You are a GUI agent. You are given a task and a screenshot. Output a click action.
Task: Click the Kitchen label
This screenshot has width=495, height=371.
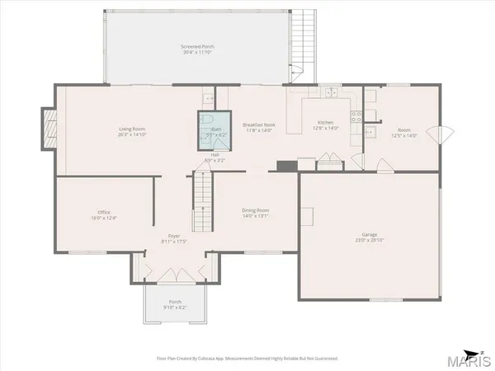pyautogui.click(x=322, y=124)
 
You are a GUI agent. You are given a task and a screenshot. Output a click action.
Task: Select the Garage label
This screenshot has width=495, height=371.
pyautogui.click(x=369, y=237)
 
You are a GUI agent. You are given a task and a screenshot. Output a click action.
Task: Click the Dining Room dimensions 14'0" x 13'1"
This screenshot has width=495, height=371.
pyautogui.click(x=255, y=216)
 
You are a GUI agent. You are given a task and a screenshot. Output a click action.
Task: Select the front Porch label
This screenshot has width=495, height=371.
pyautogui.click(x=175, y=302)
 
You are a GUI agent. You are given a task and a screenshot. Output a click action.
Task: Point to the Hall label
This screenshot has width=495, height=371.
pyautogui.click(x=214, y=154)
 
